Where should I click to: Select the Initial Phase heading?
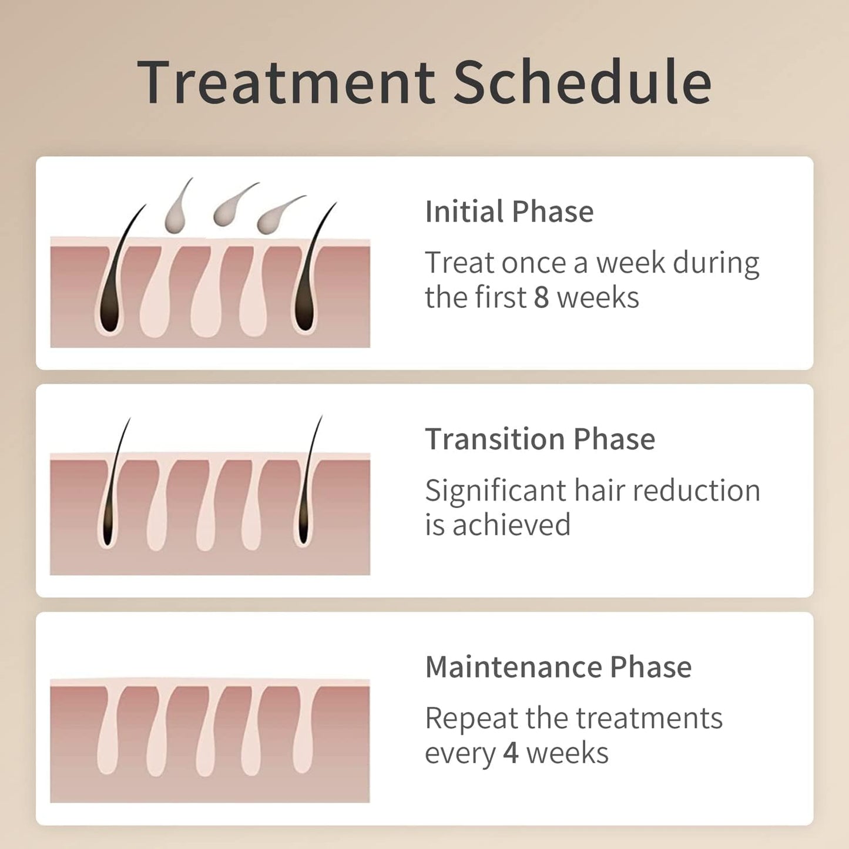point(509,212)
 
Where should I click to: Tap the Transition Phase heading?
point(539,439)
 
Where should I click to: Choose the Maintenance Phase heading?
point(558,667)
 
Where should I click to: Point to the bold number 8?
point(541,297)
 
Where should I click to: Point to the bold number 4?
point(511,753)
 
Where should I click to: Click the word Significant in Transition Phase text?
point(495,491)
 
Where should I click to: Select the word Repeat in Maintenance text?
point(471,718)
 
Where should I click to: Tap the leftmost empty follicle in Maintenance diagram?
point(108,734)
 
